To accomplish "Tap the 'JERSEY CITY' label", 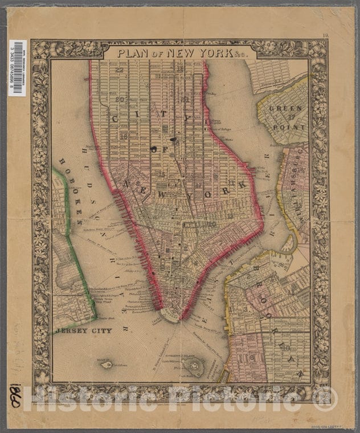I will [x=81, y=330].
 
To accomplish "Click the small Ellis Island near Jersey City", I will [x=106, y=365].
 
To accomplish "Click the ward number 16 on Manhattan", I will [x=123, y=136].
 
